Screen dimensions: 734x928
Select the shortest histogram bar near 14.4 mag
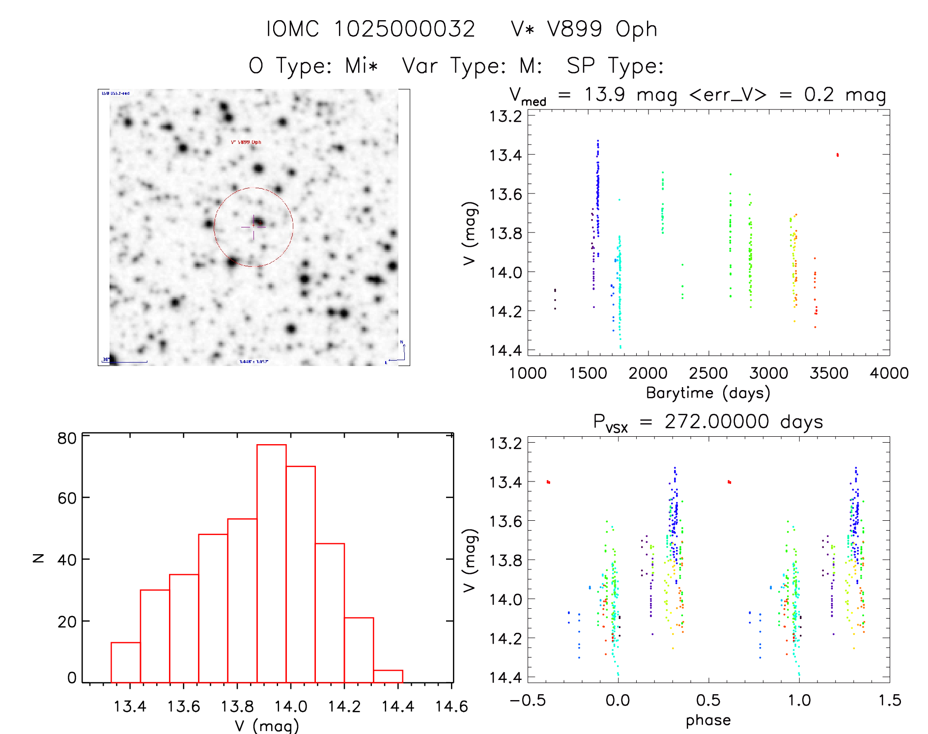click(388, 676)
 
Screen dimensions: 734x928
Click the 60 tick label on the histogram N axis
click(67, 498)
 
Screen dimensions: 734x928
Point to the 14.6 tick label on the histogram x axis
click(451, 706)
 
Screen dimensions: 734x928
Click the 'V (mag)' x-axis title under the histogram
click(267, 726)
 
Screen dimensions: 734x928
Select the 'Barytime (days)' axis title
click(708, 393)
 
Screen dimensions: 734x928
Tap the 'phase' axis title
click(708, 720)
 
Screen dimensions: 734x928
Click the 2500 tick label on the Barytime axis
click(708, 373)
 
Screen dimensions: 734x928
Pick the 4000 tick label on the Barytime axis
click(889, 373)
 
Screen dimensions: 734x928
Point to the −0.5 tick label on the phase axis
click(528, 701)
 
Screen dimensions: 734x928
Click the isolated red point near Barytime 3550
click(838, 155)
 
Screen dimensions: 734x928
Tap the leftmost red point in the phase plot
click(548, 482)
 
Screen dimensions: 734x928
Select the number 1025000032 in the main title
click(405, 29)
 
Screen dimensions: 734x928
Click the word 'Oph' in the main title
click(636, 29)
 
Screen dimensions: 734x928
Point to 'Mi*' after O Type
click(361, 66)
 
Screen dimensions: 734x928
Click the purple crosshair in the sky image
click(253, 227)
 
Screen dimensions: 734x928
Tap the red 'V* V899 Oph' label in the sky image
click(246, 142)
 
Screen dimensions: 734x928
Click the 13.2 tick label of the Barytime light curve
click(506, 116)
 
